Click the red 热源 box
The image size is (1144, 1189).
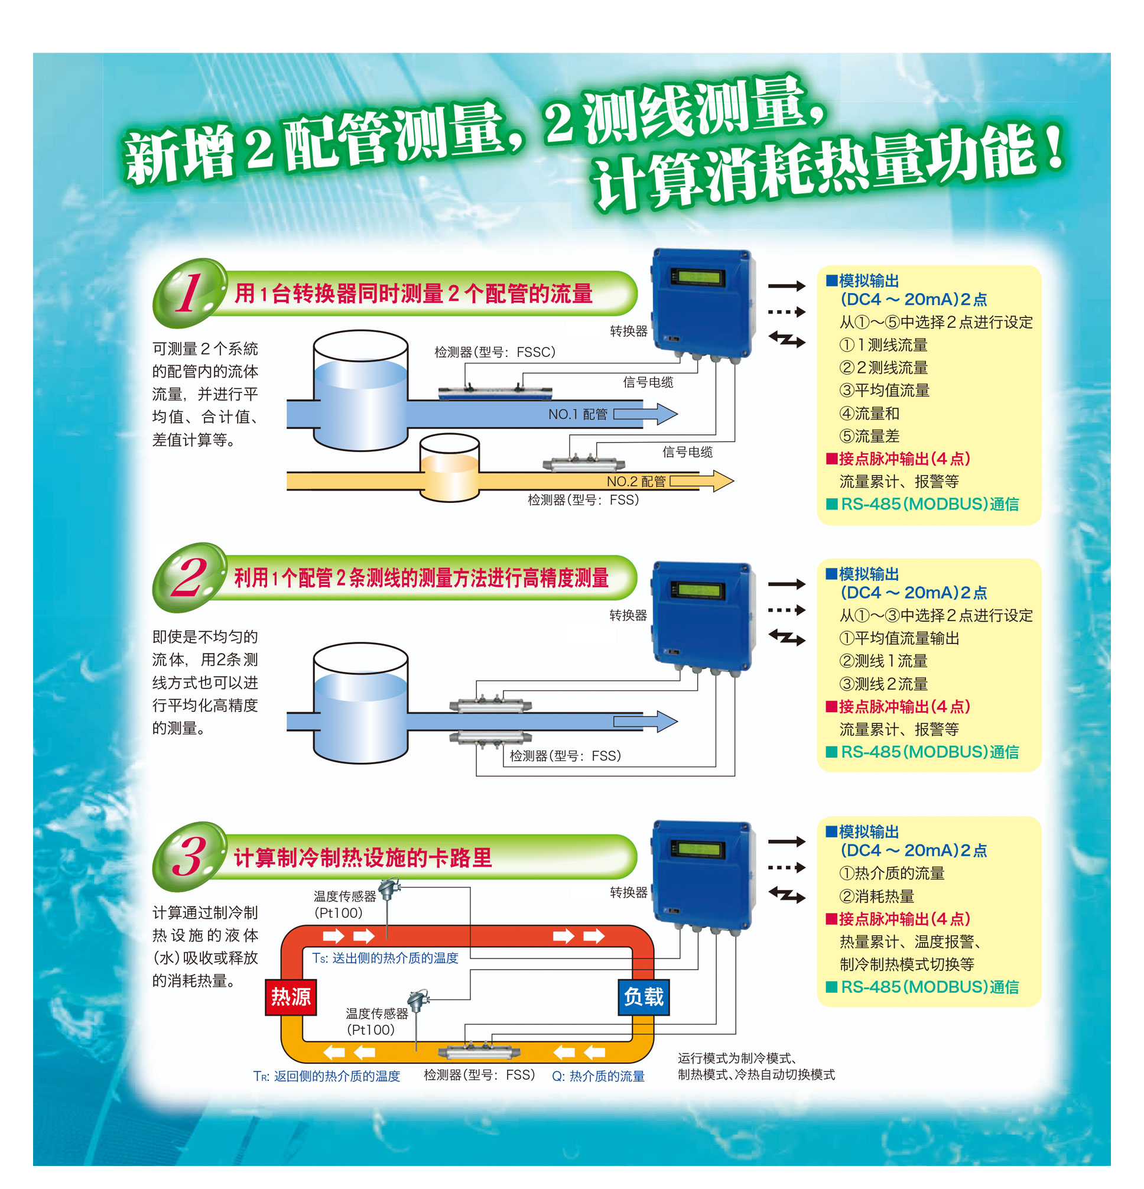click(291, 997)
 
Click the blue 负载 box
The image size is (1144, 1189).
click(643, 997)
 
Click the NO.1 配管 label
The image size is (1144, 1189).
click(577, 414)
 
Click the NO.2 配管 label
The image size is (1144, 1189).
click(636, 481)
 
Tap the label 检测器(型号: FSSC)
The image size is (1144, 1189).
click(495, 352)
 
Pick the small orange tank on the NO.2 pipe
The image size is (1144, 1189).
click(450, 467)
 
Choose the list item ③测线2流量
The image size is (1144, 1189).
click(883, 684)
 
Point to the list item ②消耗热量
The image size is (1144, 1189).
click(876, 895)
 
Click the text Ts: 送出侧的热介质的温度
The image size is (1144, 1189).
click(385, 957)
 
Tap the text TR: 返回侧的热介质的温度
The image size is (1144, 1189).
click(327, 1076)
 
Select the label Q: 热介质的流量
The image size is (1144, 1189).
click(598, 1076)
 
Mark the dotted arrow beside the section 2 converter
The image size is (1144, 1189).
click(786, 610)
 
